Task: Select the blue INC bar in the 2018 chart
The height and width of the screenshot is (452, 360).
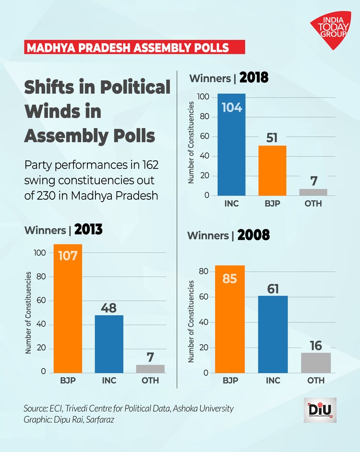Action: (x=231, y=145)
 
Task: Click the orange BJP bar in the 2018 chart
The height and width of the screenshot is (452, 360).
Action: (x=272, y=171)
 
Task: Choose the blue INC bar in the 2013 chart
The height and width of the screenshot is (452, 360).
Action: (x=109, y=344)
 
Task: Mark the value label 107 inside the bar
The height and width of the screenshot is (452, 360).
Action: (x=68, y=256)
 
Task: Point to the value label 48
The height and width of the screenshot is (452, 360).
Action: (x=109, y=307)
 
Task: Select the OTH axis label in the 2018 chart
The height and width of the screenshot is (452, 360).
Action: (x=313, y=204)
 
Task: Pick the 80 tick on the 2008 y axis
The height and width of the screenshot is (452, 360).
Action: (x=204, y=271)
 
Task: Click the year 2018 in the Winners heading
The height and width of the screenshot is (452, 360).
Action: (x=253, y=78)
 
